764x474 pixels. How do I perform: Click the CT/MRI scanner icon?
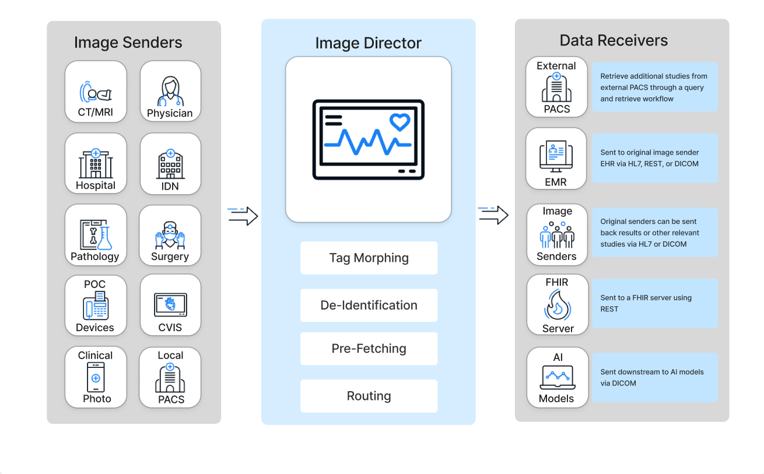pyautogui.click(x=95, y=93)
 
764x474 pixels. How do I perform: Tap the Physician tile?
pyautogui.click(x=170, y=92)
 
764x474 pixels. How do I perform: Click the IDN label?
pyautogui.click(x=170, y=186)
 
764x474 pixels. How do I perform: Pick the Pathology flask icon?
pyautogui.click(x=104, y=236)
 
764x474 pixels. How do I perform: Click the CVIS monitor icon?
pyautogui.click(x=170, y=305)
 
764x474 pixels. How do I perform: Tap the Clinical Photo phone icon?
pyautogui.click(x=96, y=377)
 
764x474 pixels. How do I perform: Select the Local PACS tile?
pyautogui.click(x=170, y=377)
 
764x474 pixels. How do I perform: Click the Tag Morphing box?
pyautogui.click(x=369, y=258)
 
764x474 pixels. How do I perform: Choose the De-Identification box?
pyautogui.click(x=369, y=305)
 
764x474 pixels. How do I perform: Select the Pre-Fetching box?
pyautogui.click(x=369, y=349)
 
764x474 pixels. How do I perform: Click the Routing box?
pyautogui.click(x=369, y=396)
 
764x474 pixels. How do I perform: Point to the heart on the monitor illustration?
pyautogui.click(x=399, y=122)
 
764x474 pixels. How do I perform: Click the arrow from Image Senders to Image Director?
pyautogui.click(x=243, y=215)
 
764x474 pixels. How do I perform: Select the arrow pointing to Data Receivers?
pyautogui.click(x=493, y=215)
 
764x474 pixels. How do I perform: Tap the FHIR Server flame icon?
pyautogui.click(x=557, y=306)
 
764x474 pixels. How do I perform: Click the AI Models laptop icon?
pyautogui.click(x=557, y=377)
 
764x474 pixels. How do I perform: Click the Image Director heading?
pyautogui.click(x=368, y=43)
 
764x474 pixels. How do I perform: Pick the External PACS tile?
pyautogui.click(x=556, y=87)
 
